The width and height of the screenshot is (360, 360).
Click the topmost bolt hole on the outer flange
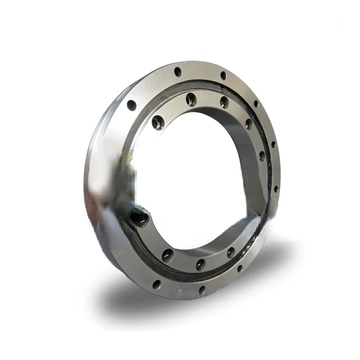(178, 71)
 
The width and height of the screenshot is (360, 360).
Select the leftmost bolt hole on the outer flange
(131, 105)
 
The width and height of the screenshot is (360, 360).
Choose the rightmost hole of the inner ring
(261, 156)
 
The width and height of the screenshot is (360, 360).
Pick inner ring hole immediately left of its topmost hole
(157, 122)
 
